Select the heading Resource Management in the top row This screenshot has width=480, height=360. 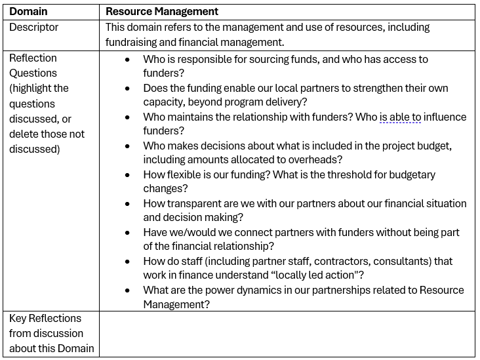click(162, 12)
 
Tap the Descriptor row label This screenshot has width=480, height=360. click(33, 28)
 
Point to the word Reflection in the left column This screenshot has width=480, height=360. click(33, 58)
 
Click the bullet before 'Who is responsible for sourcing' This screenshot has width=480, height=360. click(127, 59)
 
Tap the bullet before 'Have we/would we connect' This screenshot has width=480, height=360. click(127, 232)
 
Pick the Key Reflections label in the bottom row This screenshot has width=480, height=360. click(45, 319)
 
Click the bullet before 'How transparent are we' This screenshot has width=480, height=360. click(127, 203)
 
